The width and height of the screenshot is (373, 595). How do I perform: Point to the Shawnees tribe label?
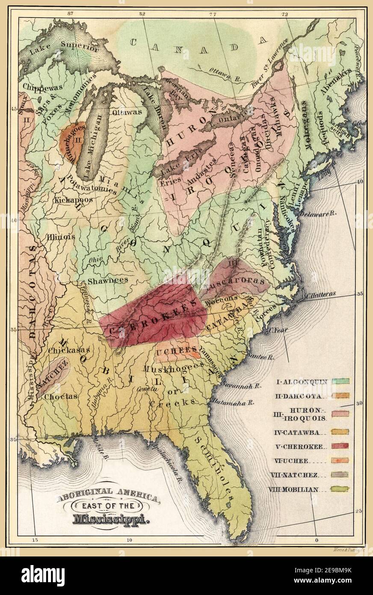click(x=108, y=280)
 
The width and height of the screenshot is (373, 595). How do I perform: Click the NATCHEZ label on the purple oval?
click(x=52, y=376)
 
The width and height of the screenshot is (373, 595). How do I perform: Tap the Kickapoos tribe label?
click(x=71, y=200)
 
